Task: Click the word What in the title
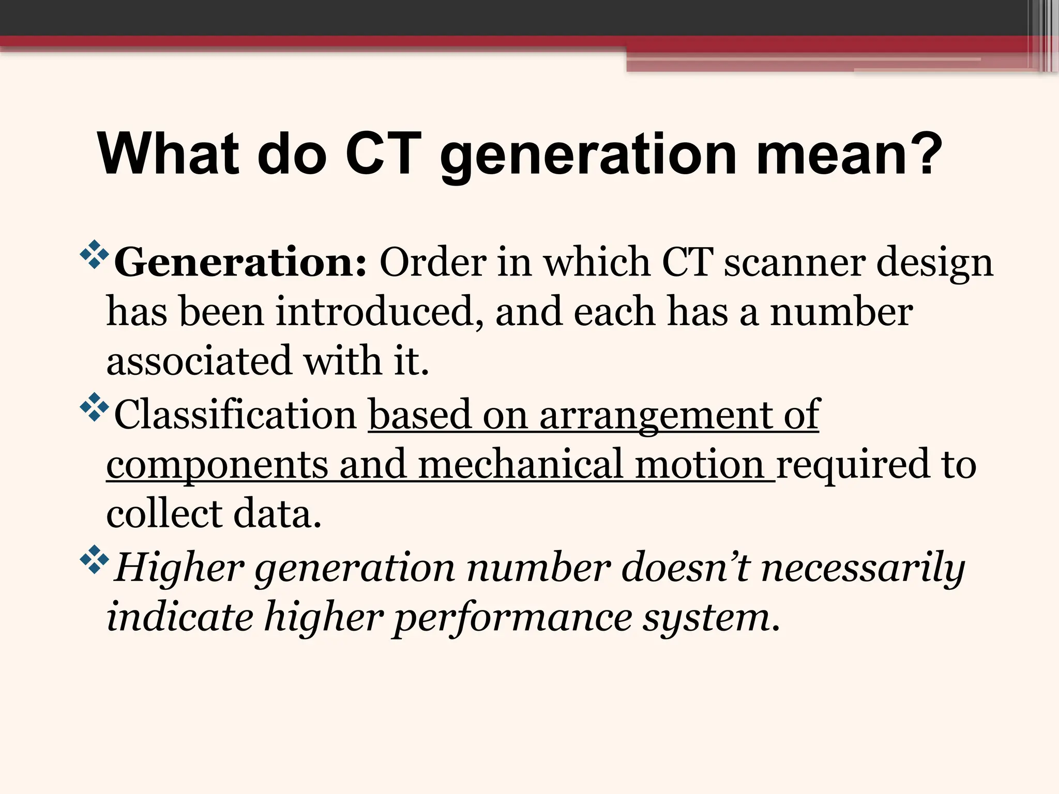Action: click(x=168, y=154)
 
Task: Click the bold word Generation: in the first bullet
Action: click(x=240, y=263)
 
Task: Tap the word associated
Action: click(x=199, y=360)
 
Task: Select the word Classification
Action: click(x=235, y=414)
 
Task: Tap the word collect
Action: click(x=164, y=514)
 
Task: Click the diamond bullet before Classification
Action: click(x=95, y=407)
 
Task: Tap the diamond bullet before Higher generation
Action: click(x=95, y=559)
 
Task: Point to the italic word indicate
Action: click(x=180, y=617)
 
